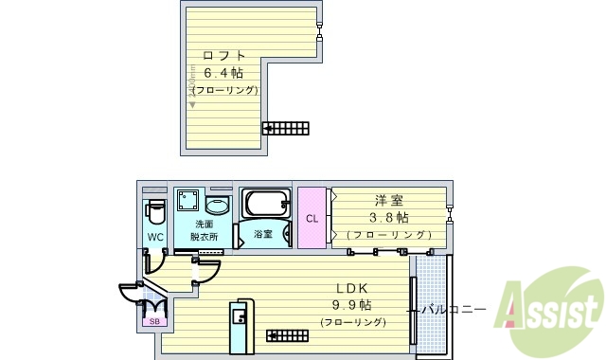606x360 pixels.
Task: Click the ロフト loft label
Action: point(224,54)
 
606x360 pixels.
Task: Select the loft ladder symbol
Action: point(285,127)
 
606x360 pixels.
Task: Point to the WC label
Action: point(155,236)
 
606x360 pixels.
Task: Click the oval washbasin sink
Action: point(218,206)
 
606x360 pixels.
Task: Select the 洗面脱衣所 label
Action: point(204,230)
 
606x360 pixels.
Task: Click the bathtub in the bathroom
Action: point(265,203)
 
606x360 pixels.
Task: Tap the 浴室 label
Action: point(263,233)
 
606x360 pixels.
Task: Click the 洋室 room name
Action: point(388,200)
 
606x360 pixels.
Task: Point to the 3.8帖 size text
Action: point(388,217)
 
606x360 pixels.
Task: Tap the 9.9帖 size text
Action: point(351,305)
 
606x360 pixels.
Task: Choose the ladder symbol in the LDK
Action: point(288,333)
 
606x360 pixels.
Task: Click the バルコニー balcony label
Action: point(454,309)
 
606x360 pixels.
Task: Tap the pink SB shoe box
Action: point(154,321)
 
